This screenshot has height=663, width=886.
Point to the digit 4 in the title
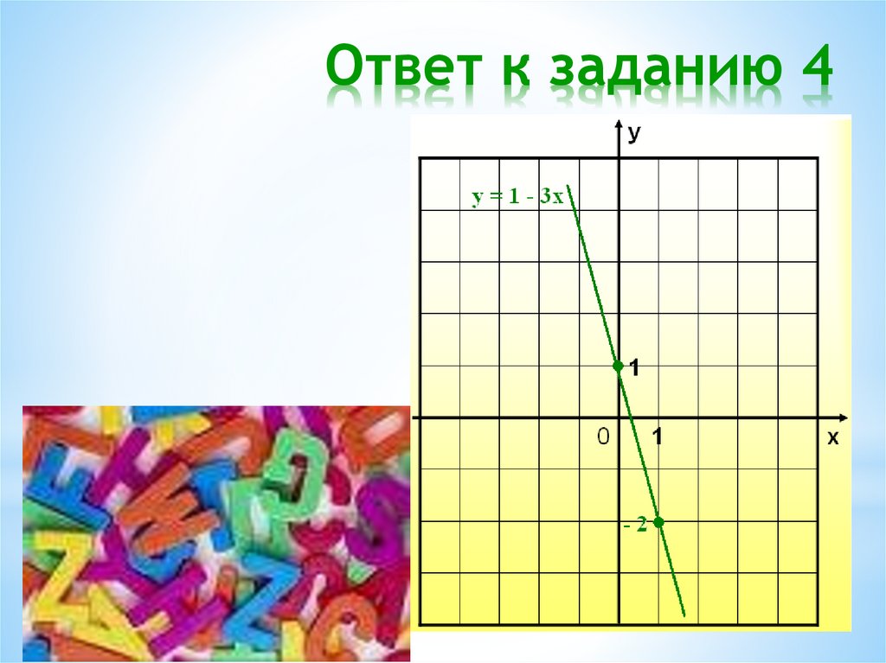click(813, 71)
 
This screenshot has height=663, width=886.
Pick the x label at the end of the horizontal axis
click(833, 438)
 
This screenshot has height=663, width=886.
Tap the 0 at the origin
click(603, 437)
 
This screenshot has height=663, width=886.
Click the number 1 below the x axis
click(658, 437)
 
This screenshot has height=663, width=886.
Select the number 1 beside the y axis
click(635, 369)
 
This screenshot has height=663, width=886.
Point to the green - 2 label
click(634, 526)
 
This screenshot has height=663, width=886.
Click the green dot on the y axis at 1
click(618, 366)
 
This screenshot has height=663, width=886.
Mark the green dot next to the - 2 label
click(658, 522)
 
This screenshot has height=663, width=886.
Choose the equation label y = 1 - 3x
click(517, 197)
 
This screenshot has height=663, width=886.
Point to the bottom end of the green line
click(684, 615)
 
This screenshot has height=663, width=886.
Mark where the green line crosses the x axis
click(632, 418)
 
